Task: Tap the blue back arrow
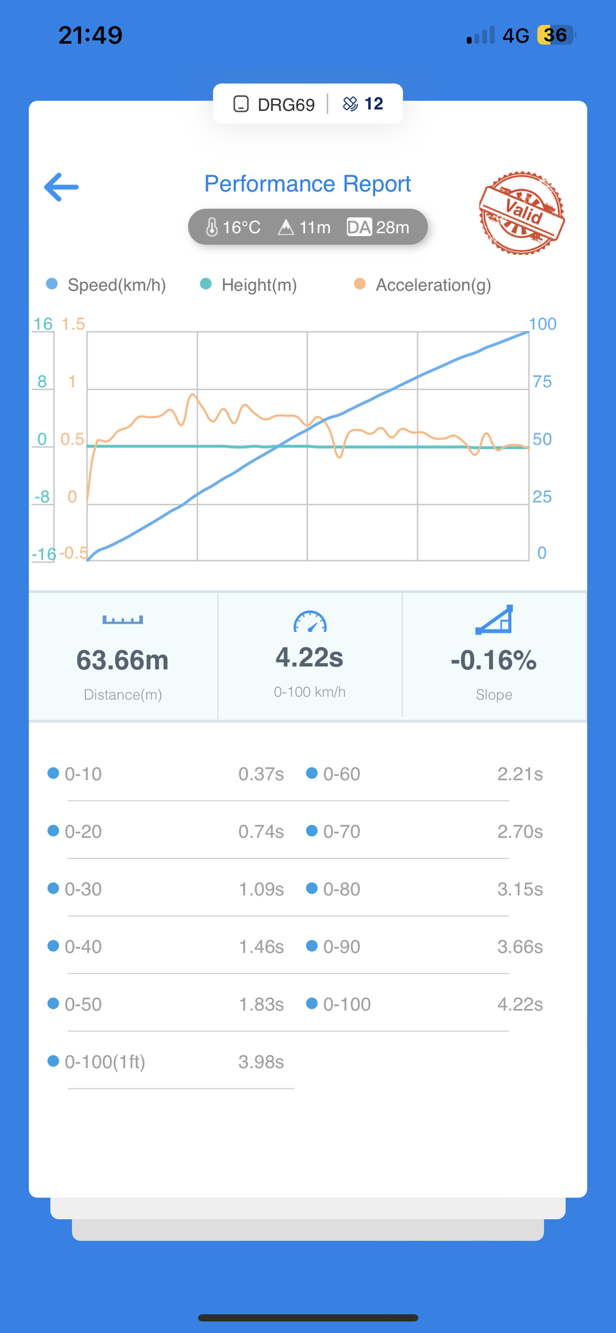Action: [61, 187]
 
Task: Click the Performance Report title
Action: [307, 184]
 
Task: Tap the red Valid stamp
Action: [521, 212]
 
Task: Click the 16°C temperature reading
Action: [233, 227]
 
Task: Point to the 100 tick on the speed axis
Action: [542, 324]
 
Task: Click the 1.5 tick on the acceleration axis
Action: [73, 324]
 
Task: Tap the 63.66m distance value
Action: [122, 660]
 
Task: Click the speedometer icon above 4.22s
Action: [310, 621]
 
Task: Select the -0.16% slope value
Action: [494, 660]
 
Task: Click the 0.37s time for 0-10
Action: [261, 774]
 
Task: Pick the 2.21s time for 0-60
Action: [519, 774]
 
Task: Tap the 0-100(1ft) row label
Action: [104, 1062]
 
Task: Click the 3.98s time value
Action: [261, 1062]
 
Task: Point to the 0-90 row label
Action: [341, 947]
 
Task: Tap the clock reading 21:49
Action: [90, 35]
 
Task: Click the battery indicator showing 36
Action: [556, 35]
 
